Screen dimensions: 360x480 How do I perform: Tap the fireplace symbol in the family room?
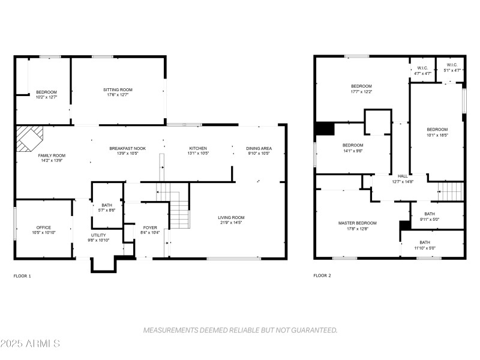pos(28,139)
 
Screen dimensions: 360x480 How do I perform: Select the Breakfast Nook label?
pos(127,148)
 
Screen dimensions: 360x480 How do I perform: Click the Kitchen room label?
pos(198,148)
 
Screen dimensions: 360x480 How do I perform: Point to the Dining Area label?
pos(259,148)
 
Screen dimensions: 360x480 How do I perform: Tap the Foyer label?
pos(149,227)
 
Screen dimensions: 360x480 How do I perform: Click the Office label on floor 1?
pos(43,227)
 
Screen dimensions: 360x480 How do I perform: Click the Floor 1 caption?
pos(22,276)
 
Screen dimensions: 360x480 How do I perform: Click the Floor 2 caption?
pos(322,276)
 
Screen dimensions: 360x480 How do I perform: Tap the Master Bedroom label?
pos(358,223)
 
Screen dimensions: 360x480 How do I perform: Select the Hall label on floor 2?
pos(403,176)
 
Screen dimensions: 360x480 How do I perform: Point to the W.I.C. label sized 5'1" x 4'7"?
pos(452,65)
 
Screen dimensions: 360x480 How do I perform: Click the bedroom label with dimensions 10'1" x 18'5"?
pos(437,130)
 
